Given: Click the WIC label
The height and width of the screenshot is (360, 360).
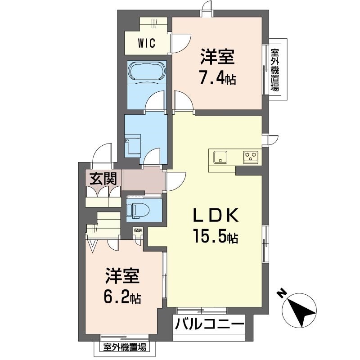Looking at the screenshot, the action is tap(147, 43).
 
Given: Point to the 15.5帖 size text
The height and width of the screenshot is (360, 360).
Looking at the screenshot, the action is tap(216, 235).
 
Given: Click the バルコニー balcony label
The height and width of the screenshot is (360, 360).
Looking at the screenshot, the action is tap(209, 324).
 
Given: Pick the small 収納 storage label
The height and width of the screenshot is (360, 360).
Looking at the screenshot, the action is tap(138, 230).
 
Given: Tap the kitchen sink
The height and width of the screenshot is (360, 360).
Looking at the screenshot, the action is tap(220, 157).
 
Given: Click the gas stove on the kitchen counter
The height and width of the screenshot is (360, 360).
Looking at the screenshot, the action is tap(251, 157).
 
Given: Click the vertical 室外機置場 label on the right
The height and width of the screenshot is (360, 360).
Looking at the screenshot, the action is tap(275, 70).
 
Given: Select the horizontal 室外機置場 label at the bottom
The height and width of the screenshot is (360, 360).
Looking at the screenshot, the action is tap(125, 347).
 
